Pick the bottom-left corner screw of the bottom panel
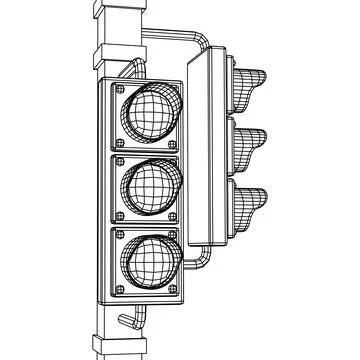tap(115, 290)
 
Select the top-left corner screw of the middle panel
tap(114, 162)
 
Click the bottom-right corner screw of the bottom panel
tap(174, 291)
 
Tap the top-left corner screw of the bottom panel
tap(115, 234)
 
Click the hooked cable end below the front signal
tap(126, 323)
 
